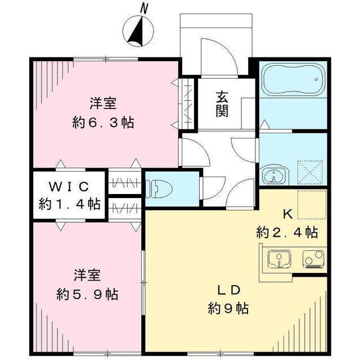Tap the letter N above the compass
144,8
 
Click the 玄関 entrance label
222,103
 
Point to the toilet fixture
159,189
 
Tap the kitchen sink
280,259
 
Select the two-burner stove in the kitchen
314,259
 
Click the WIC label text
69,187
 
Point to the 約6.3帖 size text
103,123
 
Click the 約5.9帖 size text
88,294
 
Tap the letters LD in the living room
229,290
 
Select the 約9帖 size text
228,308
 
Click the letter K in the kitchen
287,214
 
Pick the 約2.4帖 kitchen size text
287,232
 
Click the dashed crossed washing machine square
310,172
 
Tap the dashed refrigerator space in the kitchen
312,205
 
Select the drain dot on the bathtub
316,79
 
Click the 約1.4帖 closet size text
70,204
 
